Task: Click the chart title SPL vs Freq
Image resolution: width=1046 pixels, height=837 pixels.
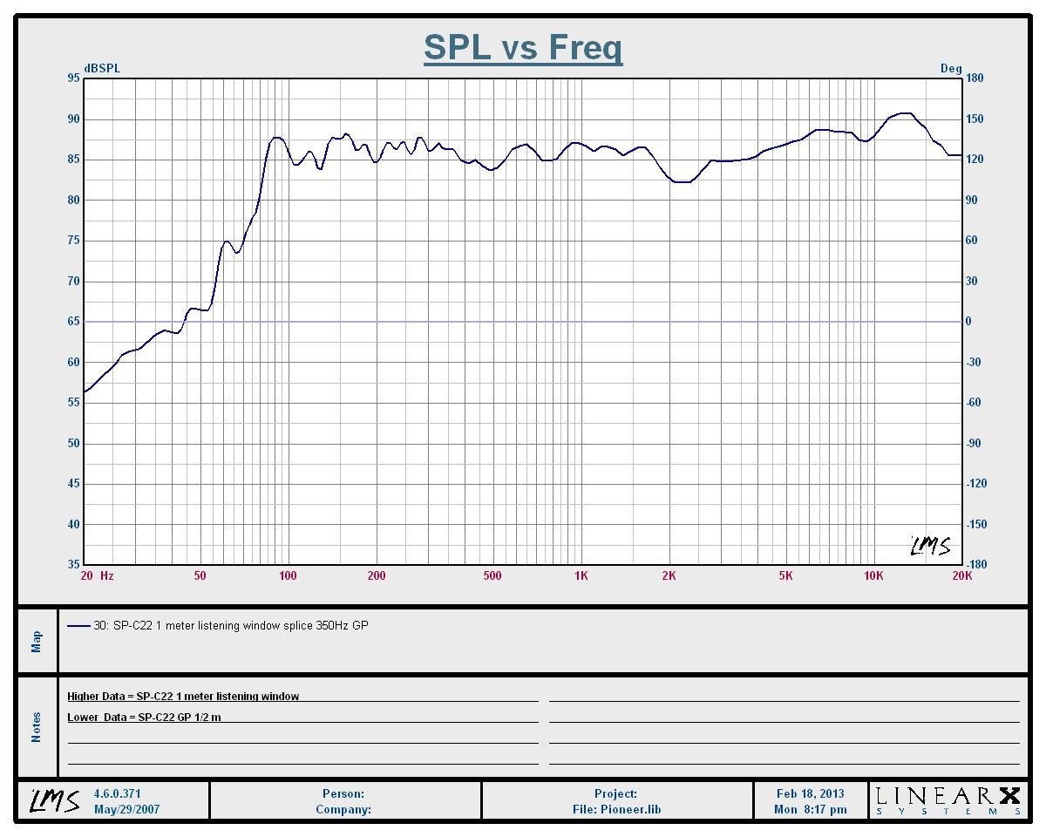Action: [523, 47]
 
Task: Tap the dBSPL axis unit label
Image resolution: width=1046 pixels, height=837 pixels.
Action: [102, 69]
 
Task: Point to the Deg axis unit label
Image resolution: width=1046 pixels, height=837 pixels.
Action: [951, 69]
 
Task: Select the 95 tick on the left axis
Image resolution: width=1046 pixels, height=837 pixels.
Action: [73, 78]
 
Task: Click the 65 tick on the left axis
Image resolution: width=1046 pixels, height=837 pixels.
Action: [73, 322]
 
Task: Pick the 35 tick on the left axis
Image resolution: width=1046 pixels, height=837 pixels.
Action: [73, 565]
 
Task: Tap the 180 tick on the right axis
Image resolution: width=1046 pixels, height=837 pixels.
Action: [975, 78]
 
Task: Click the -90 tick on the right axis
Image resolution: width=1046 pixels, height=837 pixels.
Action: [975, 444]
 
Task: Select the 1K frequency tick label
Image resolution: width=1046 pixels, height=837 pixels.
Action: [581, 576]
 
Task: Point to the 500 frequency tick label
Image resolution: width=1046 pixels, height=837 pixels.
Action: [492, 576]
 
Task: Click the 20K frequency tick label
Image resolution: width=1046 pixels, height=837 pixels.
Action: [961, 576]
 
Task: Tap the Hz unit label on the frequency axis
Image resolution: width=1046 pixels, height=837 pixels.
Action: [107, 576]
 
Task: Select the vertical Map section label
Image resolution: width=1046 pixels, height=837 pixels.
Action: [37, 642]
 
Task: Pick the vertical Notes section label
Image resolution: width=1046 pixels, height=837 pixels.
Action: [37, 727]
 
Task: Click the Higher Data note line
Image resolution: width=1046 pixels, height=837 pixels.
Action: [183, 697]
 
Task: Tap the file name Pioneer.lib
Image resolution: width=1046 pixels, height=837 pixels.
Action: [616, 810]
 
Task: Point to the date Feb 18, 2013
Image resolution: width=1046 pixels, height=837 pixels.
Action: [810, 794]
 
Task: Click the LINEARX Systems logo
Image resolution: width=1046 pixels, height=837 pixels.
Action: [948, 800]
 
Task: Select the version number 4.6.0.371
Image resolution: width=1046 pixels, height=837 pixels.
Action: [117, 794]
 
